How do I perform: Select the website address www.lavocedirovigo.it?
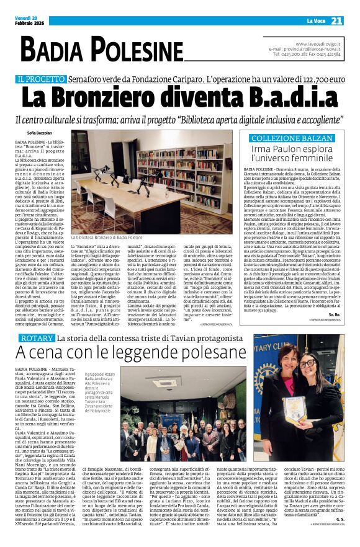tap(318, 44)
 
